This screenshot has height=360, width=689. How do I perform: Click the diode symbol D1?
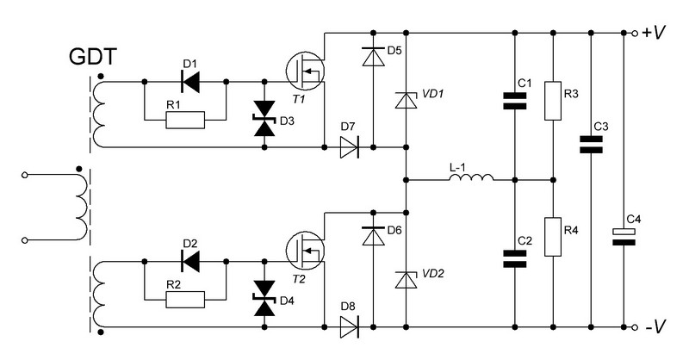click(x=190, y=82)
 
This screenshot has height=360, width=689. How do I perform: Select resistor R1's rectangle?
click(x=185, y=120)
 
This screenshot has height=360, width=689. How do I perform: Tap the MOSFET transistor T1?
click(x=305, y=70)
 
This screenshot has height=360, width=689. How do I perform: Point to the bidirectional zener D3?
click(x=264, y=119)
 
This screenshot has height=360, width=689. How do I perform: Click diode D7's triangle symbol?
click(x=350, y=147)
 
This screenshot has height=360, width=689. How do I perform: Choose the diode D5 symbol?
click(x=373, y=56)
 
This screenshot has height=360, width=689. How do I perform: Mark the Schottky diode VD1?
click(x=406, y=100)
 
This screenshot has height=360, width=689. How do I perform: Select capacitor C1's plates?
click(x=514, y=100)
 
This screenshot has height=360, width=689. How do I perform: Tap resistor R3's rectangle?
click(x=553, y=101)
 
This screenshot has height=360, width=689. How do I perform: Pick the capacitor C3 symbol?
click(x=591, y=145)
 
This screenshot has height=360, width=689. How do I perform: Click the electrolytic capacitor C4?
click(x=624, y=237)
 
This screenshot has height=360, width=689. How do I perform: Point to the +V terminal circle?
click(x=634, y=33)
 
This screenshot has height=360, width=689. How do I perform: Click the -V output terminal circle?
click(x=634, y=327)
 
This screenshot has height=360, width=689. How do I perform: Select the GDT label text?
click(x=93, y=57)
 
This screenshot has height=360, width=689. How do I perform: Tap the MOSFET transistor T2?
click(x=305, y=250)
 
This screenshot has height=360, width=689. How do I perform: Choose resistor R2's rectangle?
click(x=185, y=300)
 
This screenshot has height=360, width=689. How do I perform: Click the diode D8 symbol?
click(x=350, y=327)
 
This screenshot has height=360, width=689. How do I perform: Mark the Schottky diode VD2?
click(x=406, y=280)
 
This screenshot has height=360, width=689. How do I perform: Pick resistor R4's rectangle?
click(x=553, y=237)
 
